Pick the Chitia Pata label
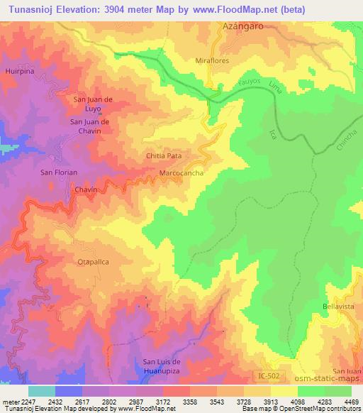pos(162,154)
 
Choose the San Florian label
pos(58,172)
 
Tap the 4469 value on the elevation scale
pos(342,402)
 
